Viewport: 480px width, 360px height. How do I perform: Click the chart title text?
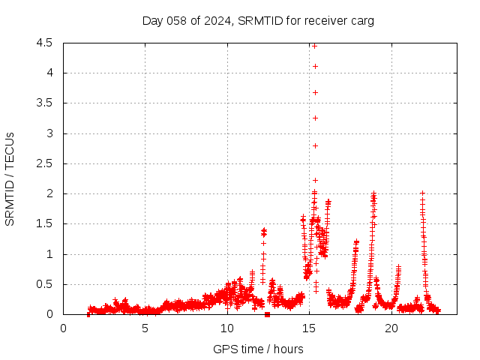258,20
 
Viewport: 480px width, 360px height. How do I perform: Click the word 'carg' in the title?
361,20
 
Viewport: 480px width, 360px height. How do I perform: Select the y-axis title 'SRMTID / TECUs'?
10,178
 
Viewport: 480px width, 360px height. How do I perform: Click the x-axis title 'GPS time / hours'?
258,349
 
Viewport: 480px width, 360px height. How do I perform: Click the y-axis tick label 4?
49,73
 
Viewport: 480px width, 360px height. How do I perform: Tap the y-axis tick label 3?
49,133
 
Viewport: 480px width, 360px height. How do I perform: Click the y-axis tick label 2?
49,193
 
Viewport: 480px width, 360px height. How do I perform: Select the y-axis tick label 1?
49,254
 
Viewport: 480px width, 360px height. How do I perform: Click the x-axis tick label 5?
145,328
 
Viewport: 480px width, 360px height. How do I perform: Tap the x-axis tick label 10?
226,328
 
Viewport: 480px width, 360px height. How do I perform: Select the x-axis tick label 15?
309,328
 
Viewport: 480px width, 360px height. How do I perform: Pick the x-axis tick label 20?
391,328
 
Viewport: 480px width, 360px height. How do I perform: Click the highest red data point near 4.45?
315,46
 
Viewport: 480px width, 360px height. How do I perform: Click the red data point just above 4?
315,66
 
